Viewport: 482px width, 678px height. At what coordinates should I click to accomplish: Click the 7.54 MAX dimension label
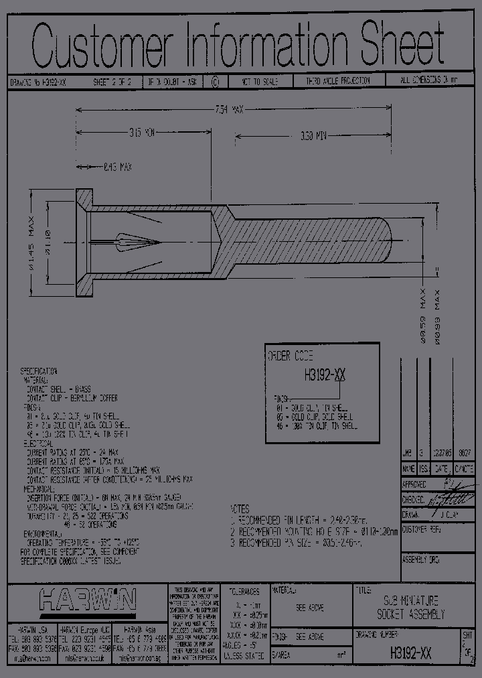click(x=228, y=109)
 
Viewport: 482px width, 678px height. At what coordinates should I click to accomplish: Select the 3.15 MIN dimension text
click(x=141, y=133)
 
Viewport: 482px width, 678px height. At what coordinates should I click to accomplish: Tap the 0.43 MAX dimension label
click(x=117, y=165)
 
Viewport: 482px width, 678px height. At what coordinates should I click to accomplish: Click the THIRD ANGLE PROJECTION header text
click(x=338, y=81)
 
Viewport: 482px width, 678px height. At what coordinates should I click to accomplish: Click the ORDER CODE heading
click(x=290, y=356)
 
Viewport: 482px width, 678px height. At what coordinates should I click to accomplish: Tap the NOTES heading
click(x=240, y=508)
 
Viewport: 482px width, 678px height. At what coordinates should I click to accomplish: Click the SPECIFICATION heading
click(x=39, y=370)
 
